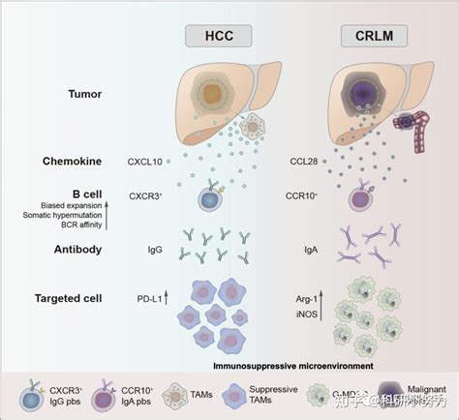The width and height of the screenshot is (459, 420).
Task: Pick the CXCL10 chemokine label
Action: (144, 160)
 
